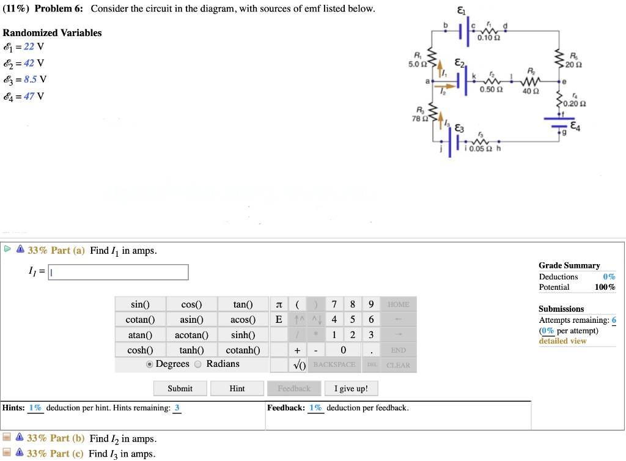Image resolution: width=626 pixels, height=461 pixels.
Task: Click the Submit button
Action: (180, 388)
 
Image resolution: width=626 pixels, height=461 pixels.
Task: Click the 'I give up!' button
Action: (352, 388)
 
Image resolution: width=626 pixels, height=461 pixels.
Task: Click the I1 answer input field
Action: (119, 272)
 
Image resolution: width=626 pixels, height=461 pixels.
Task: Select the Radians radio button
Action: (197, 364)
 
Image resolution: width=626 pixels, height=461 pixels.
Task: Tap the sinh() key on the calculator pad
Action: (243, 335)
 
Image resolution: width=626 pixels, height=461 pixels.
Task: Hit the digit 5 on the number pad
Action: (353, 320)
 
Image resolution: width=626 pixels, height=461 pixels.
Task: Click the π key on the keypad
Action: (279, 304)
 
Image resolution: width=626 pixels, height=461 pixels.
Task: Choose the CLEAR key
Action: (398, 365)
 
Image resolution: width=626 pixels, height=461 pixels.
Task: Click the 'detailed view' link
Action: (562, 341)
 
